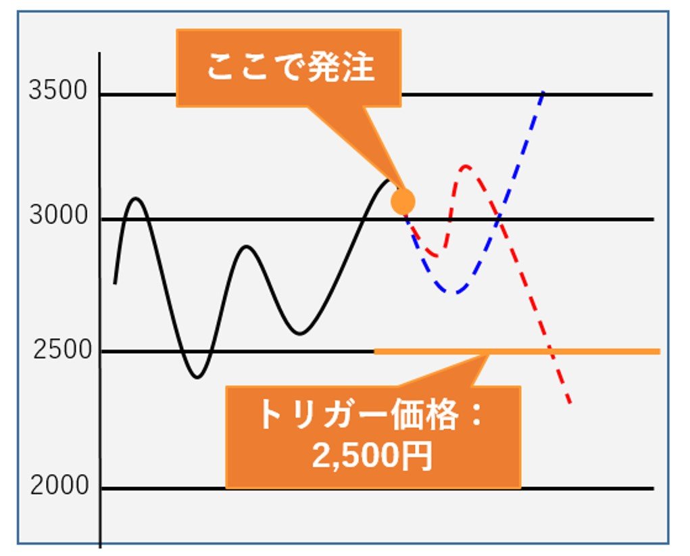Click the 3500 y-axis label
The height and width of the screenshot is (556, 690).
[x=58, y=91]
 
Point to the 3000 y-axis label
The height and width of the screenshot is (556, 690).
[x=59, y=215]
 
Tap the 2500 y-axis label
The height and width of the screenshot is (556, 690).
[x=62, y=350]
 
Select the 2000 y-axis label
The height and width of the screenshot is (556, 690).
[x=59, y=485]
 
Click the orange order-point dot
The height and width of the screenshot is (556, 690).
[x=403, y=202]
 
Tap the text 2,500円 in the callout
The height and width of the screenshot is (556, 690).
[x=372, y=455]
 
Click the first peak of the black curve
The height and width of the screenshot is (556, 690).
[x=136, y=199]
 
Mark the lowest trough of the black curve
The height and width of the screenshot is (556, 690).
[x=197, y=377]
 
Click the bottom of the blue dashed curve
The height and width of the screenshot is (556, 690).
[x=455, y=292]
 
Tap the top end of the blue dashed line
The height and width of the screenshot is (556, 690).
[x=544, y=91]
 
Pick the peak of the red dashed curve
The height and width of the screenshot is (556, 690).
[x=466, y=166]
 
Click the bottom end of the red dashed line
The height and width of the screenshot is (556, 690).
[x=570, y=402]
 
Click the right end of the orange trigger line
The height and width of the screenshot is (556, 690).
[x=660, y=352]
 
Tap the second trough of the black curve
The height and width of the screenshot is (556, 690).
[x=299, y=333]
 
